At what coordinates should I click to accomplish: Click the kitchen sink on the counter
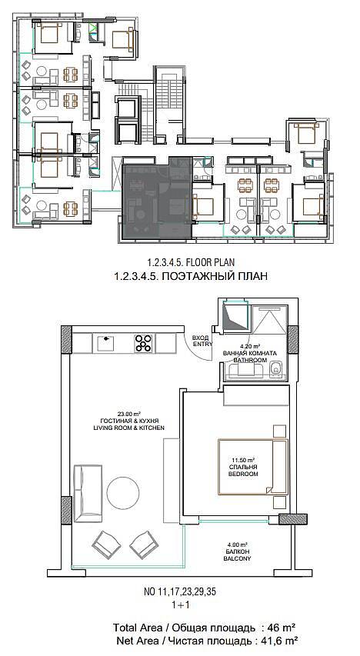107,344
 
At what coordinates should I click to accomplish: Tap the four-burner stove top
144,344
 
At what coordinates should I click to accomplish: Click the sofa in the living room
88,493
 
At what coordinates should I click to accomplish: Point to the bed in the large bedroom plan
253,467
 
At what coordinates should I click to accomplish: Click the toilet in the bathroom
275,369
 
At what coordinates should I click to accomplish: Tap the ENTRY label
202,344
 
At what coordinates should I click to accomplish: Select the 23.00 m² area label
129,415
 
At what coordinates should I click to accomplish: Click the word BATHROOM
250,360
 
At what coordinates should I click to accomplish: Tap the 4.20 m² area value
251,346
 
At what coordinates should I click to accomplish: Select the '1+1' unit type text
179,605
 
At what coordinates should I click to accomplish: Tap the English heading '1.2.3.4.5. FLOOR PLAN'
191,262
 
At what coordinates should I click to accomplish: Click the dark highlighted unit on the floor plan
157,197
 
